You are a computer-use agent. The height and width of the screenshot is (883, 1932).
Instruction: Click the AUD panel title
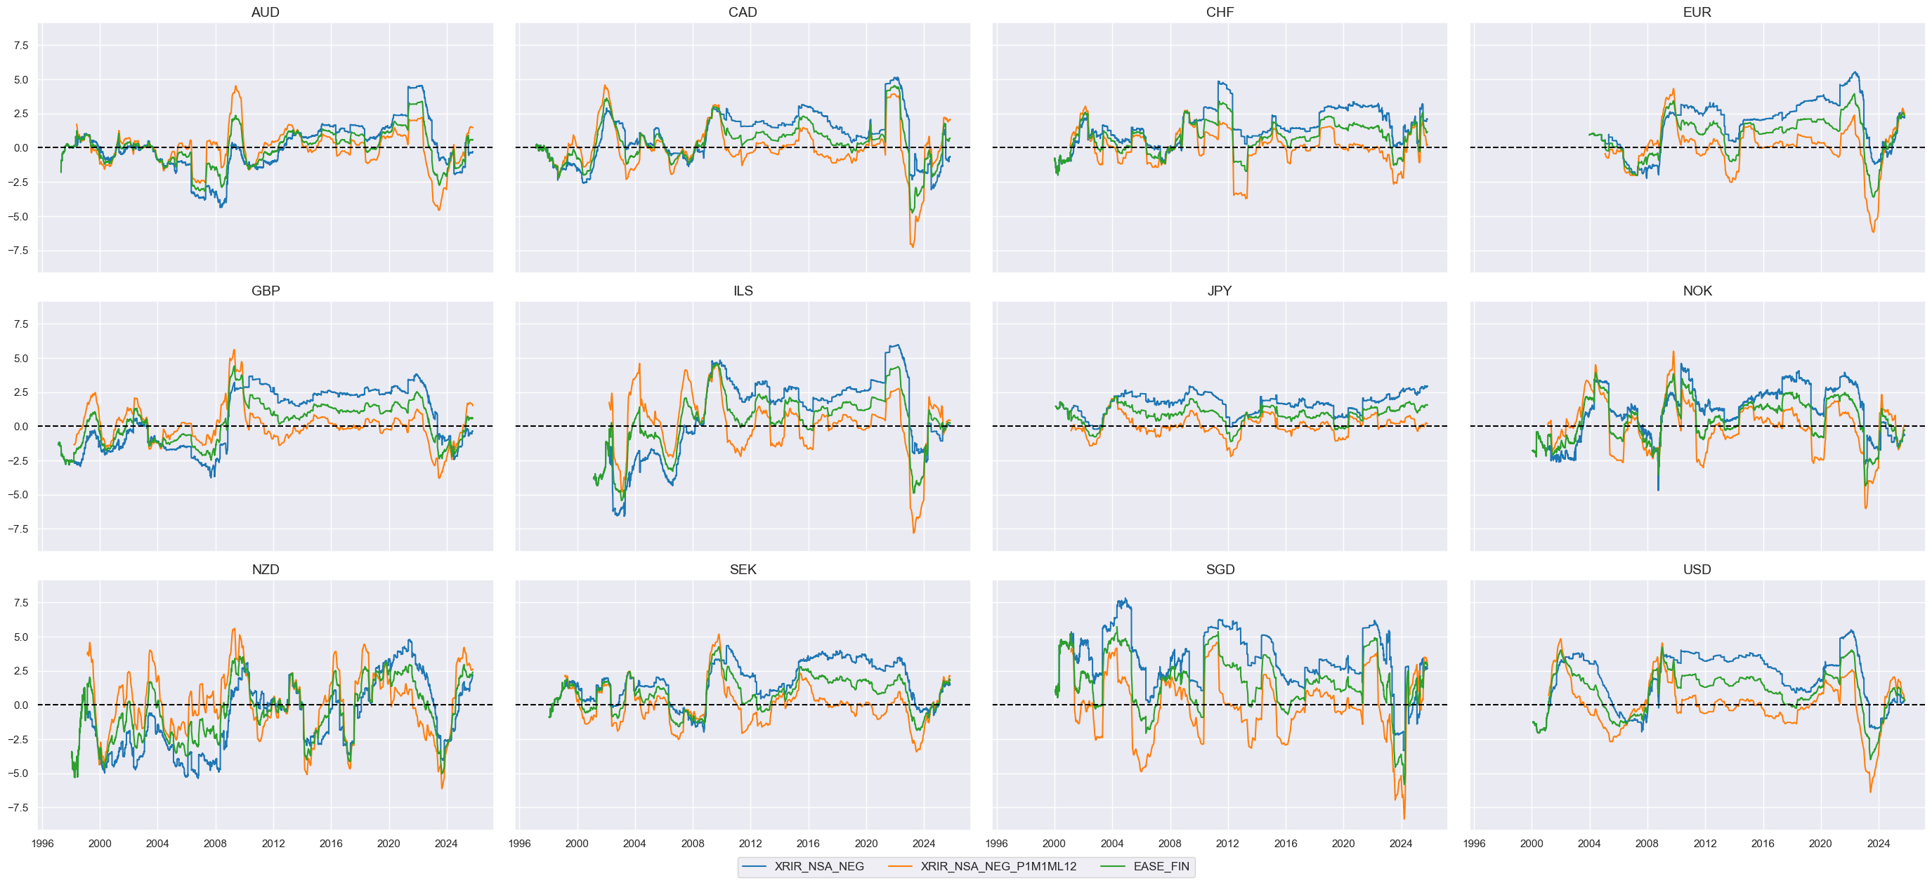tap(265, 12)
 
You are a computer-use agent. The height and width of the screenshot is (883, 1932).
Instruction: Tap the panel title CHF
tap(1220, 12)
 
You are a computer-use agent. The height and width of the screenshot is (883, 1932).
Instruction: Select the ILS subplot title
tap(743, 291)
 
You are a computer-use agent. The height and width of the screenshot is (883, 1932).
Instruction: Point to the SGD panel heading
tap(1220, 570)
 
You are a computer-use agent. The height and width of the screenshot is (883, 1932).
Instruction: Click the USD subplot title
tap(1697, 570)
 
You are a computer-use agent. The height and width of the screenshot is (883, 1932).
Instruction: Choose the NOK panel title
tap(1697, 291)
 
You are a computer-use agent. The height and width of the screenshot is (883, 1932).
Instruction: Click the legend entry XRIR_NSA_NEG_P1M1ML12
tap(998, 867)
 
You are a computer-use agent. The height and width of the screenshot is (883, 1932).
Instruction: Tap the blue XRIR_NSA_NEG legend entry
tap(818, 867)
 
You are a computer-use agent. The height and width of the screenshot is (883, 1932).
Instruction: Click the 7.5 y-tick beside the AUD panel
tap(21, 46)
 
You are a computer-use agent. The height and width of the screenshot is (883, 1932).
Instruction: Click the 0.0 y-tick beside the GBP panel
tap(21, 427)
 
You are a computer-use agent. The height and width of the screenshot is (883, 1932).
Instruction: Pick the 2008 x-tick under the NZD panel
tap(215, 844)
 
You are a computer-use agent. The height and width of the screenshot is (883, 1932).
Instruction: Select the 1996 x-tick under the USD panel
tap(1474, 844)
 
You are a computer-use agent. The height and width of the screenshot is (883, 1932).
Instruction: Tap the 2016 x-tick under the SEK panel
tap(808, 844)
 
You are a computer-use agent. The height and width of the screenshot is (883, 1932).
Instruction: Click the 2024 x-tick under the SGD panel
tap(1400, 844)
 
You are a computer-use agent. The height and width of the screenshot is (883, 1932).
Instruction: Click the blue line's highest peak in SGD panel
tap(1123, 599)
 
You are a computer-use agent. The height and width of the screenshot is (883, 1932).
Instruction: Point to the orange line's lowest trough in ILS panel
tap(913, 533)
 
